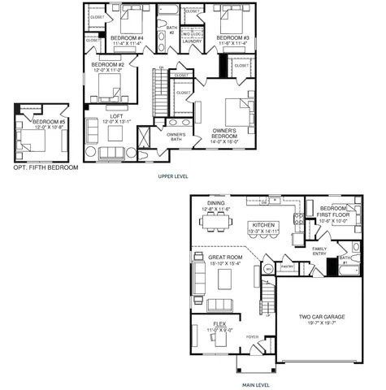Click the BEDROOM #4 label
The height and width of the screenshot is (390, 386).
tap(127, 38)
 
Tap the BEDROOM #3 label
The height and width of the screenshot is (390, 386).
tap(234, 37)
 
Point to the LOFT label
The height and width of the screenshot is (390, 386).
tap(116, 116)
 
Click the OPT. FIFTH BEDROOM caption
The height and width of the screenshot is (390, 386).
tap(46, 167)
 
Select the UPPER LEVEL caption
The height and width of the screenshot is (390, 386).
tap(176, 175)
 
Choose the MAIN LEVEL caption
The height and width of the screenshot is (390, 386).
tap(257, 384)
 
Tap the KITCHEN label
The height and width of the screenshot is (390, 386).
tap(265, 225)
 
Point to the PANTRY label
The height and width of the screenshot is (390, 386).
tap(285, 265)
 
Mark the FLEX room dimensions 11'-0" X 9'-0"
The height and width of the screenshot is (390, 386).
tap(214, 330)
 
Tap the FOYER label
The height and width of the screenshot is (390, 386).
tap(253, 334)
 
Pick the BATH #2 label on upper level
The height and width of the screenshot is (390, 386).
tap(171, 29)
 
